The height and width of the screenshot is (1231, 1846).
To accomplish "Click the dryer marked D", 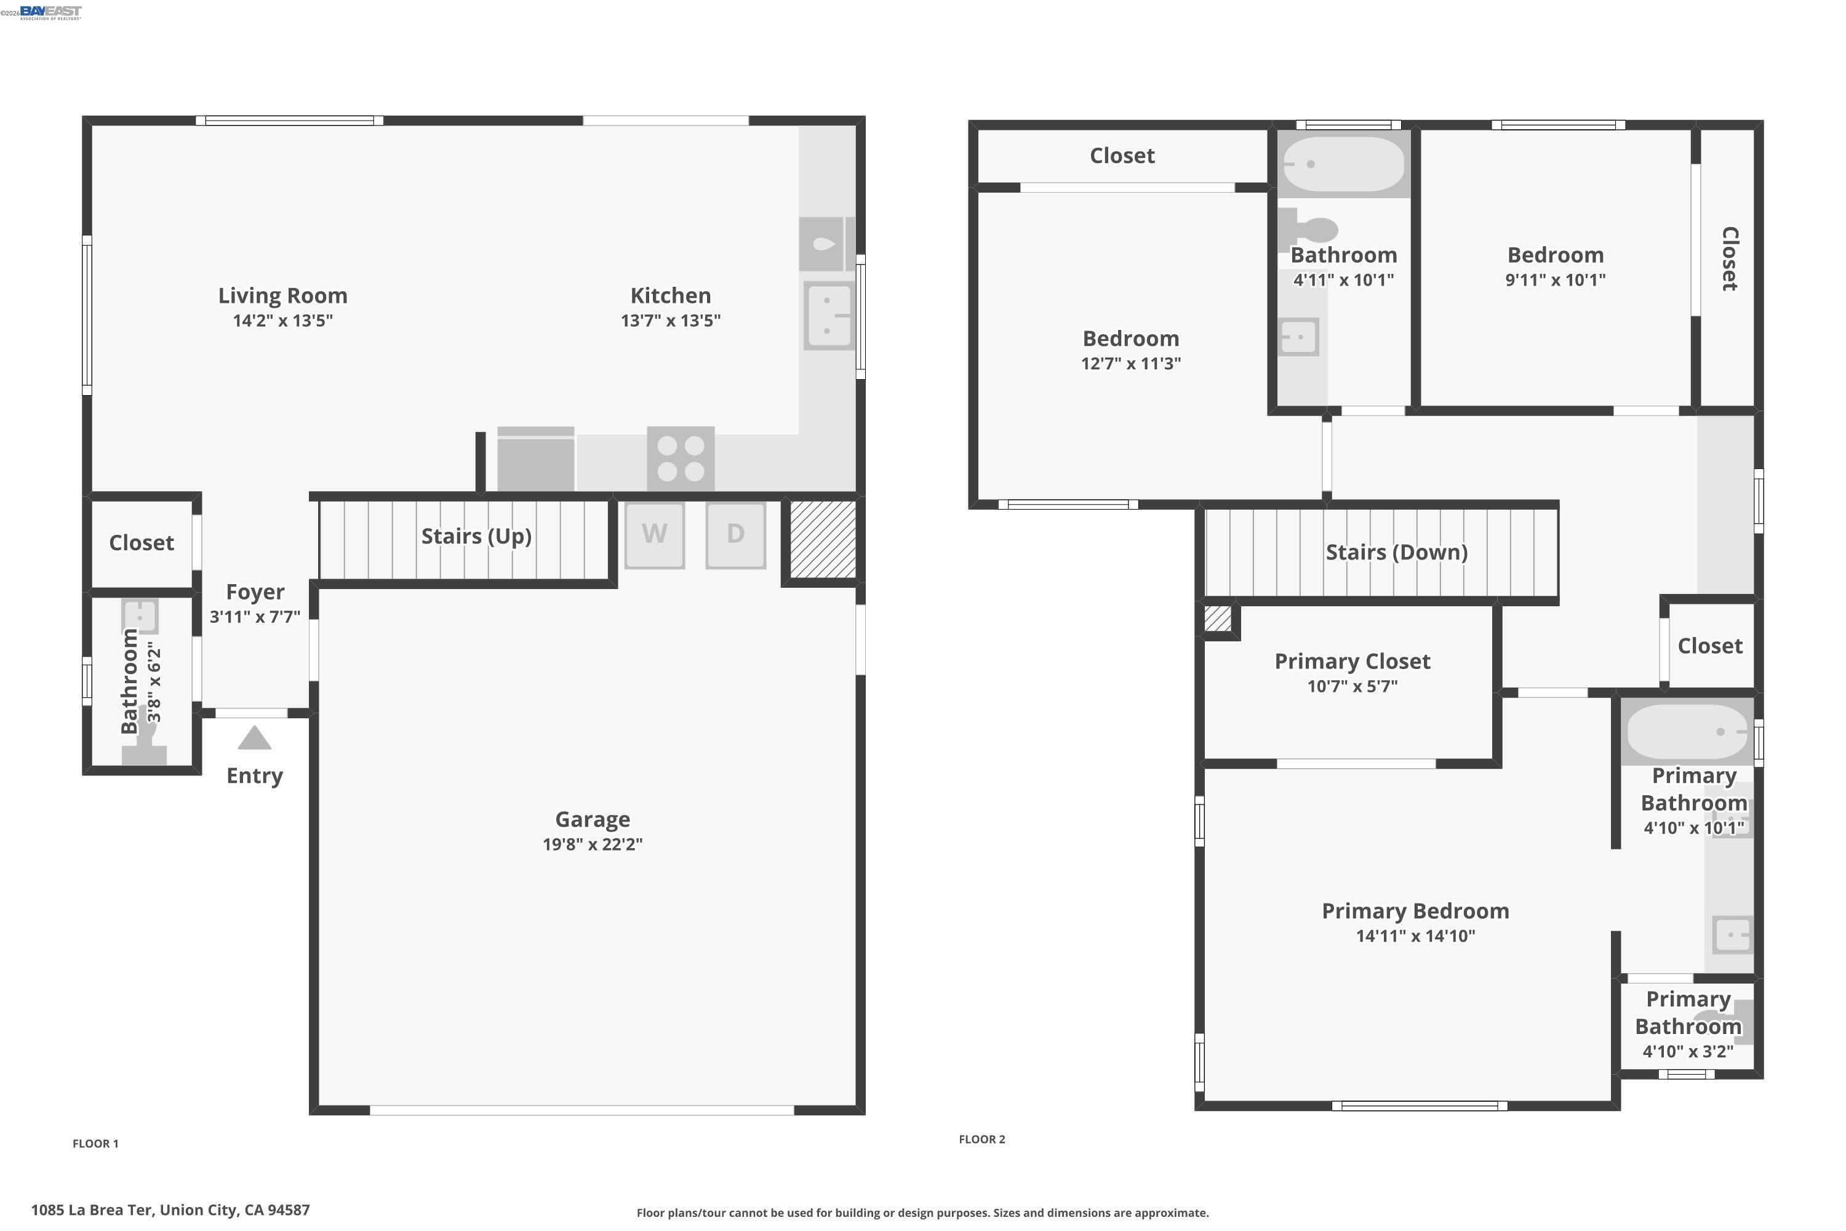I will [735, 535].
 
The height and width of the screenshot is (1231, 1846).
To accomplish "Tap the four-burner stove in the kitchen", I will [681, 459].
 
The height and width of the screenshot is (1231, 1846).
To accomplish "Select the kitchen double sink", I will [829, 316].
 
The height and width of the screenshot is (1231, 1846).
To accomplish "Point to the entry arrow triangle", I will [254, 739].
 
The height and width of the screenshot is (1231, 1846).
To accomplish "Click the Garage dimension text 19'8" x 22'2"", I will [593, 844].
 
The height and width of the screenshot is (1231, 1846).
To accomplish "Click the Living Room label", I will [282, 295].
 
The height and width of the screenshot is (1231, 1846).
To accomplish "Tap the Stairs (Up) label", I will [476, 536].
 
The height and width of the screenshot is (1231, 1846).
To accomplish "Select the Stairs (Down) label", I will [1396, 552].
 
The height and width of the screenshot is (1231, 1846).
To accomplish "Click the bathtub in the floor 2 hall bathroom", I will [1342, 164].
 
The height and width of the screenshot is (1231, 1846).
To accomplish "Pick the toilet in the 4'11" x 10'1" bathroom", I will [1311, 229].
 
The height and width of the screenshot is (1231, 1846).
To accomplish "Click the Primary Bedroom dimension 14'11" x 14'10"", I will [1415, 936].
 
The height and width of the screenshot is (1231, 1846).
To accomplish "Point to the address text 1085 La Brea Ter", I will [170, 1210].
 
